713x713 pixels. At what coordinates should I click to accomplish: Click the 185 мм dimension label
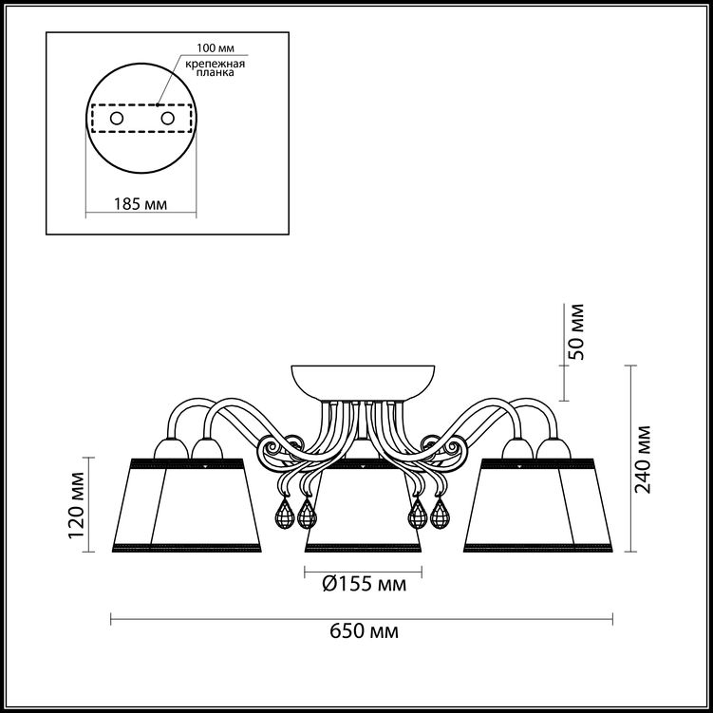point(141,204)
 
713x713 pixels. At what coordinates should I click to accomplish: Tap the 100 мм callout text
point(216,48)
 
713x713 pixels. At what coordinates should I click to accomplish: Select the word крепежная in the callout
point(216,65)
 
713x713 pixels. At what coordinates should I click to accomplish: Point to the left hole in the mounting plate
point(117,119)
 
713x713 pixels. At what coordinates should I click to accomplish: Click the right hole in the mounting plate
point(167,119)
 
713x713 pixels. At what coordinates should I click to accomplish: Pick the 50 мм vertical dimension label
point(576,332)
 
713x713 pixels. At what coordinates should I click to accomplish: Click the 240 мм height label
point(643,460)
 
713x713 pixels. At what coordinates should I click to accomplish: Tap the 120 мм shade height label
point(76,505)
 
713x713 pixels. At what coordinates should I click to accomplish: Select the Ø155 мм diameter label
point(365,583)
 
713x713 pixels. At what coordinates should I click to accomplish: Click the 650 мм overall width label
point(364,631)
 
